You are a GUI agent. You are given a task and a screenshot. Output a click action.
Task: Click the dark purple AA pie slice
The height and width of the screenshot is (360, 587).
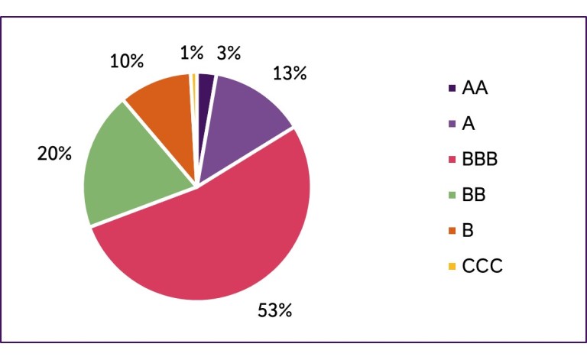coord(205,92)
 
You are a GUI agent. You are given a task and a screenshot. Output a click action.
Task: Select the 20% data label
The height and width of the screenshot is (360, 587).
coord(54,154)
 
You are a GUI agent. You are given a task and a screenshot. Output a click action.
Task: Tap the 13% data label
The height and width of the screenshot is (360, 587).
coord(289,74)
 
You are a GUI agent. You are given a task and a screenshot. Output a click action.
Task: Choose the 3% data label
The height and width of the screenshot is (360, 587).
coord(229,53)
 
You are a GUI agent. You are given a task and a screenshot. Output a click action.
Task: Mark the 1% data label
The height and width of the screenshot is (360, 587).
coord(192,53)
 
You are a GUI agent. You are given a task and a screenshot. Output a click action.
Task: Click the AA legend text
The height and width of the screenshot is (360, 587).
coord(475,88)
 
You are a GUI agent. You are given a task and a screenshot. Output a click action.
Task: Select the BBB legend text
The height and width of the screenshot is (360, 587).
coord(483,159)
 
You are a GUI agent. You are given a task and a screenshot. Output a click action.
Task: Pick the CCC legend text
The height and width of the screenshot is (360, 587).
coord(484,267)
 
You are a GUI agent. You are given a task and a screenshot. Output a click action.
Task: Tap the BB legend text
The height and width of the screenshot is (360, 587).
coord(475,195)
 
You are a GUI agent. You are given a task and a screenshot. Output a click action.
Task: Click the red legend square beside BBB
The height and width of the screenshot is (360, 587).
coord(452,160)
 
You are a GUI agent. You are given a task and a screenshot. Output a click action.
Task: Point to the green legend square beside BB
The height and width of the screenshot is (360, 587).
coord(452,196)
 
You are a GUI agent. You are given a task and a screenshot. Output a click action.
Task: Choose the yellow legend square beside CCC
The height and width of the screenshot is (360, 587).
coord(452,267)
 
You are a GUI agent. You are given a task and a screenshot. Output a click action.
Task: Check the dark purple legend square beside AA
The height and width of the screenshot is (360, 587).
coord(452,89)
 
